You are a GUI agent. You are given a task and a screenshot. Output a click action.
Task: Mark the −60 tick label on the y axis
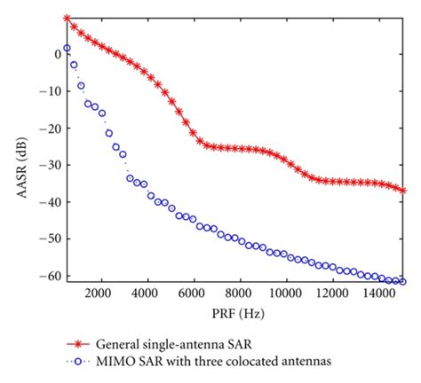point(49,276)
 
